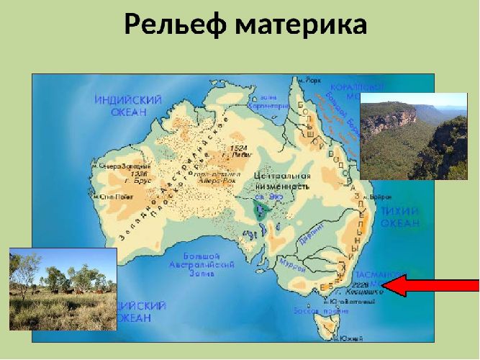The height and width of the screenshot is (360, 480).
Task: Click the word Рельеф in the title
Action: (176, 24)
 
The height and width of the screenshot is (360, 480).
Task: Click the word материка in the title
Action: (302, 24)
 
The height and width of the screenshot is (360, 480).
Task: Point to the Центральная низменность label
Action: (282, 181)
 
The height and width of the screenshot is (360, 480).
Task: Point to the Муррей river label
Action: (291, 264)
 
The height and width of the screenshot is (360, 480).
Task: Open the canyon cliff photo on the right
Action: (407, 135)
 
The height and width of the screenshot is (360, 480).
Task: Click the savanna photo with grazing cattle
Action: (63, 288)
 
